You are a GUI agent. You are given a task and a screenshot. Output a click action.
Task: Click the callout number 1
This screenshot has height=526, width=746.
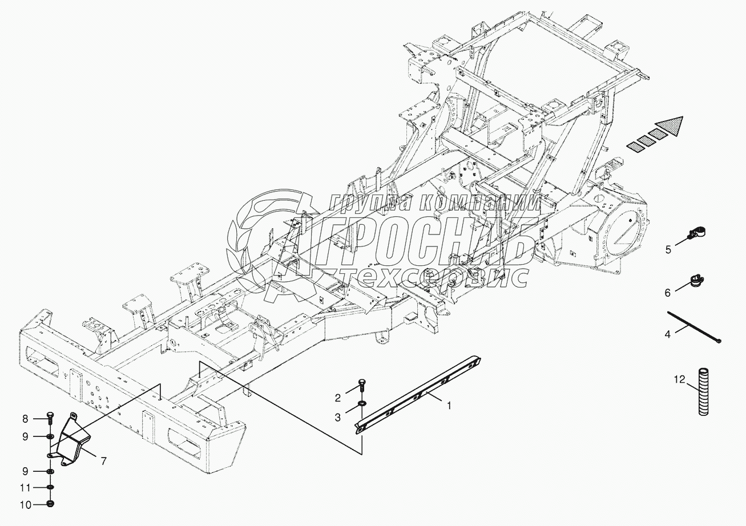[x=449, y=406]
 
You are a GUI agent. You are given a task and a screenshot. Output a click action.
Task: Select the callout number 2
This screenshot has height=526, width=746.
[x=338, y=397]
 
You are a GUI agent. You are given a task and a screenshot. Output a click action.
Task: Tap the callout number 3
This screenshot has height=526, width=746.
[x=338, y=418]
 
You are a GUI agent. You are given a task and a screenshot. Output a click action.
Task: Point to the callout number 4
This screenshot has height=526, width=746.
[x=668, y=335]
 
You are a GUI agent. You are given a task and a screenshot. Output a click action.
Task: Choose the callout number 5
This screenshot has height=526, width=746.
[x=668, y=249]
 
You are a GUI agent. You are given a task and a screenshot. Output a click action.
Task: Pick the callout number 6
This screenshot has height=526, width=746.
[x=667, y=292]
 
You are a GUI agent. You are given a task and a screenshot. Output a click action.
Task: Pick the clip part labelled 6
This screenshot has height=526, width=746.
[x=697, y=280]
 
